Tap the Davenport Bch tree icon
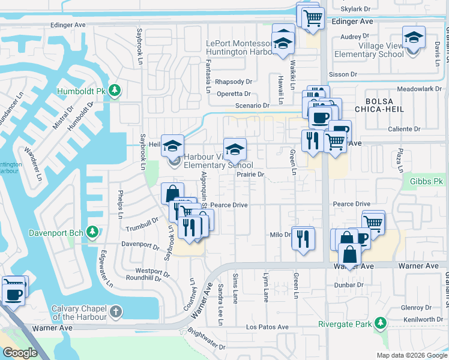tap(92, 232)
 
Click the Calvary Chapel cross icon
tap(115, 311)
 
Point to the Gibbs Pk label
tap(426, 181)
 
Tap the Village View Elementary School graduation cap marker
tap(414, 38)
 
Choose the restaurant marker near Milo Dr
tap(303, 238)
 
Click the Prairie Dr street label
tap(250, 174)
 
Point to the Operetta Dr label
tap(234, 94)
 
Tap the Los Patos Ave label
tap(268, 327)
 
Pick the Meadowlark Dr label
tap(419, 88)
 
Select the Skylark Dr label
tap(356, 10)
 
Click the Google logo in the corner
tap(20, 353)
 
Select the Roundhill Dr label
tap(144, 278)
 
